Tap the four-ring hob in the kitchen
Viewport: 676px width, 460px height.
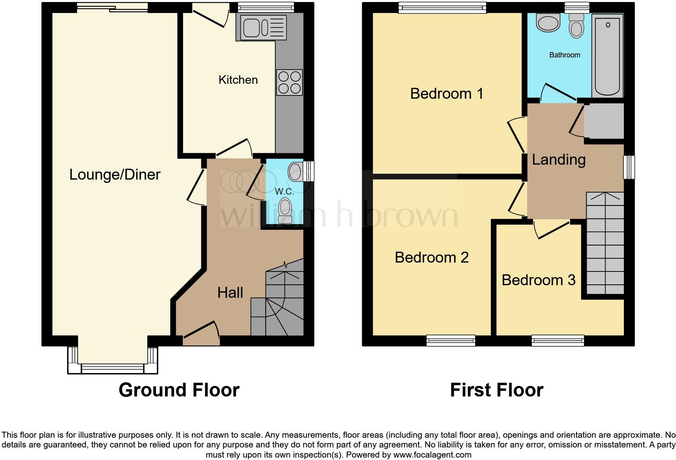point(289,83)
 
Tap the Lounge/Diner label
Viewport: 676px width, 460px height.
point(115,175)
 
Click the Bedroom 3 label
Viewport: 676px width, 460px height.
point(538,280)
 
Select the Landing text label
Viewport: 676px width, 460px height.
point(558,159)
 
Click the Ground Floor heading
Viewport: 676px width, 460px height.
point(179,390)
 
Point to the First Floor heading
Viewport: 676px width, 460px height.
point(496,390)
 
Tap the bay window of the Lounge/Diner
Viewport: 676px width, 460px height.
point(112,368)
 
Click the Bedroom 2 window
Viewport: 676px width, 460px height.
point(451,341)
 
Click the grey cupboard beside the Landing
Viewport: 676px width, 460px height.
point(604,121)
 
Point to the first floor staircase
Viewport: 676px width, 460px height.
point(605,243)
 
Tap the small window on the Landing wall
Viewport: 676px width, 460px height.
point(629,167)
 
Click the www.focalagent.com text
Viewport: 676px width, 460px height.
point(432,455)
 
